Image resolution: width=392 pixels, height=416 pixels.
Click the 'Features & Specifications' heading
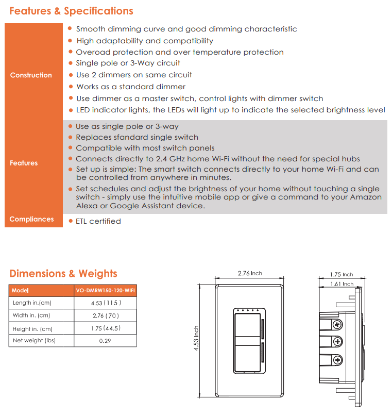pos(71,11)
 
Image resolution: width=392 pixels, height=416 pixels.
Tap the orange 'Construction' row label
pos(31,75)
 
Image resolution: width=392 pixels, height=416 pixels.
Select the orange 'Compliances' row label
pos(31,219)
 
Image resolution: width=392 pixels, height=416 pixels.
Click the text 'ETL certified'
pos(98,221)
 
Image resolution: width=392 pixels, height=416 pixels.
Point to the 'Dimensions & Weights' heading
pos(63,274)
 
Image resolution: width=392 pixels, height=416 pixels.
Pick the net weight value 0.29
pos(105,340)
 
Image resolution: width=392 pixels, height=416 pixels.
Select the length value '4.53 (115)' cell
pos(105,303)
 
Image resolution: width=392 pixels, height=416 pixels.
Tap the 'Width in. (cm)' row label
pos(31,315)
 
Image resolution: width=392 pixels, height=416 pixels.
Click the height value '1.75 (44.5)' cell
pos(105,328)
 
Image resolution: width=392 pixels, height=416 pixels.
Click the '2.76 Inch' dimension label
pos(250,273)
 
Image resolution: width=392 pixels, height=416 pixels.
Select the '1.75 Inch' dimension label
pos(342,275)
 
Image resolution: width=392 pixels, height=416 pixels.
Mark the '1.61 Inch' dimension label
pos(342,284)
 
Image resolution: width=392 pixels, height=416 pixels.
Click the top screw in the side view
pos(337,324)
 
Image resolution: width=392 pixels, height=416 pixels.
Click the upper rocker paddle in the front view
pos(246,328)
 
